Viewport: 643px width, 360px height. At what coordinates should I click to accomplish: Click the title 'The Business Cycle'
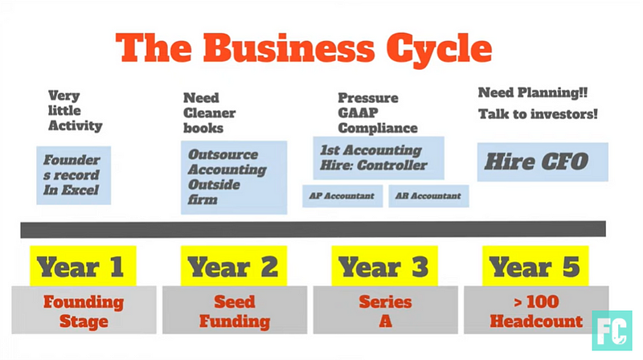tap(304, 48)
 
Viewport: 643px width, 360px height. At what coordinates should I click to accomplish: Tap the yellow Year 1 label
tap(83, 266)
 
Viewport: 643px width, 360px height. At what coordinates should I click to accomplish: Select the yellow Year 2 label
tap(234, 266)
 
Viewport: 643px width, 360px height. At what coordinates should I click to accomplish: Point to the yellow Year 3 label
tap(385, 266)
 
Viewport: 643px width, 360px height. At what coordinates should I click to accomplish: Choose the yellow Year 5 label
tap(535, 266)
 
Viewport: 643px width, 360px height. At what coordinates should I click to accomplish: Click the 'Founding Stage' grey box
tap(84, 310)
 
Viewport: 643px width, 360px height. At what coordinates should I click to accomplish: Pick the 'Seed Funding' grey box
tap(235, 310)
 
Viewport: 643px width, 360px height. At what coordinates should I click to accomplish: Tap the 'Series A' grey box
tap(386, 310)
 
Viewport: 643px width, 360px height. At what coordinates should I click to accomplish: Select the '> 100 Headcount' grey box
tap(536, 310)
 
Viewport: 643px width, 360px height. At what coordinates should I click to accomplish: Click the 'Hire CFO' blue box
tap(543, 162)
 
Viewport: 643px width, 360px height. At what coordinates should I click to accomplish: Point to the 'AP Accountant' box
tap(342, 196)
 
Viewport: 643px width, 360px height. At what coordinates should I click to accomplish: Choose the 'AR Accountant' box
tap(428, 196)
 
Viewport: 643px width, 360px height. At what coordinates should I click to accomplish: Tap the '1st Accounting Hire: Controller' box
tap(379, 157)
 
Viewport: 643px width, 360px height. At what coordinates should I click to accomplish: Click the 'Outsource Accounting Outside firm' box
tap(234, 178)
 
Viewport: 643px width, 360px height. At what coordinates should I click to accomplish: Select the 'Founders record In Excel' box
tap(73, 175)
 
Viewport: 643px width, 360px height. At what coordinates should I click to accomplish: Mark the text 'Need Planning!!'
tap(533, 92)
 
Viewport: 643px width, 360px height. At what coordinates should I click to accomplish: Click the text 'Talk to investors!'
tap(538, 114)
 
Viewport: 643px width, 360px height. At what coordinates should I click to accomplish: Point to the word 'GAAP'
tap(358, 112)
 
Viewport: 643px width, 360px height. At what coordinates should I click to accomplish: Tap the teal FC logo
tap(612, 330)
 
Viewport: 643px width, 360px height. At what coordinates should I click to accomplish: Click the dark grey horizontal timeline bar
tap(313, 230)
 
